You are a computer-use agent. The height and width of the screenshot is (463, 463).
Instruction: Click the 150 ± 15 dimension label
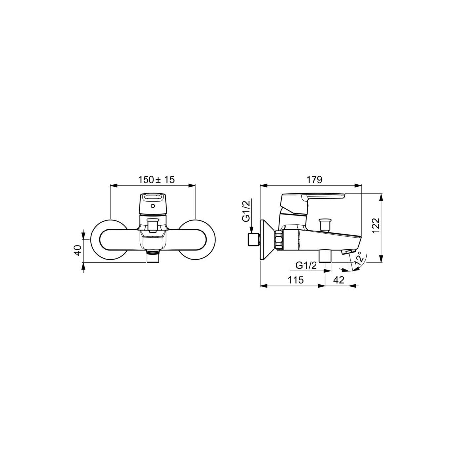pyautogui.click(x=156, y=180)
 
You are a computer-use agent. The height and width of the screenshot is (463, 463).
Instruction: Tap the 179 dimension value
pyautogui.click(x=314, y=180)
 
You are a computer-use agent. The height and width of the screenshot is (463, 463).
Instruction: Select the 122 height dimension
pyautogui.click(x=376, y=225)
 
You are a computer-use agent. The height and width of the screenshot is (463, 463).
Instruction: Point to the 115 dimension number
pyautogui.click(x=296, y=280)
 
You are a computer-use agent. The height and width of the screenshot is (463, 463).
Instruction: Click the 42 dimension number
pyautogui.click(x=339, y=280)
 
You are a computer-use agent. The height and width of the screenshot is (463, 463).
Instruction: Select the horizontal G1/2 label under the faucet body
pyautogui.click(x=306, y=265)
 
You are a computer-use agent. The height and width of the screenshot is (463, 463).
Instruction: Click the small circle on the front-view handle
pyautogui.click(x=152, y=206)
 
